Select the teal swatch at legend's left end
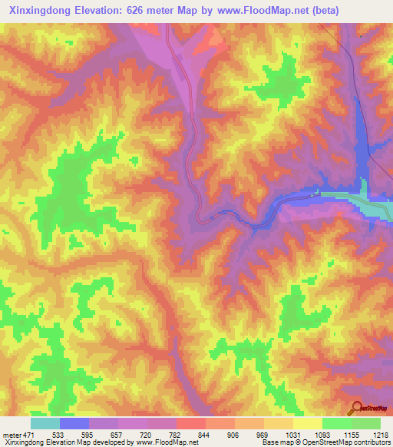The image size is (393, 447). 45,423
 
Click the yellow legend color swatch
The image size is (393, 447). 307,423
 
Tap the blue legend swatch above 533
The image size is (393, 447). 74,423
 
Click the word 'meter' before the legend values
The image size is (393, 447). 12,434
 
